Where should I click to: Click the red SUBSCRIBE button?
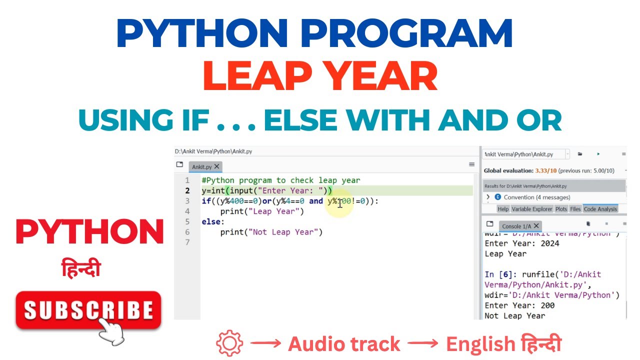88,310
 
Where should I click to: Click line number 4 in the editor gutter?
187,211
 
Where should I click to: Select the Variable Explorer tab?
531,209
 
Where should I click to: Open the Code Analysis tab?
600,209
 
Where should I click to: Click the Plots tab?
561,209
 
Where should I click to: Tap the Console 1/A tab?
516,226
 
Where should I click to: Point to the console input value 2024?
549,243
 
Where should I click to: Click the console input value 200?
547,305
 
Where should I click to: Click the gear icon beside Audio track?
229,344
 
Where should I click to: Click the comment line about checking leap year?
280,180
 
